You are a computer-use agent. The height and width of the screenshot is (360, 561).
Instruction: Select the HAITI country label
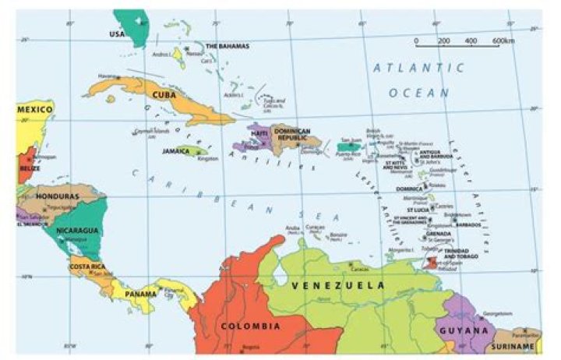(259, 133)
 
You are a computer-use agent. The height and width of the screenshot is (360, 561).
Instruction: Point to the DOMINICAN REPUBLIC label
(291, 134)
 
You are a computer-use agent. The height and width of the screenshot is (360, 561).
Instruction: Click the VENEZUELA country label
(337, 286)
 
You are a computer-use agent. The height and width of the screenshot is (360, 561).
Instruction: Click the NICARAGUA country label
(76, 231)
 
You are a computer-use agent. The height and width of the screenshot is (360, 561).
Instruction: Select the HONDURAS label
(58, 196)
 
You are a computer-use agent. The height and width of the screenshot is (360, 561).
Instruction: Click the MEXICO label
(34, 110)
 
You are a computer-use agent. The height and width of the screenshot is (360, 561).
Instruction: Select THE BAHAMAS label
(228, 46)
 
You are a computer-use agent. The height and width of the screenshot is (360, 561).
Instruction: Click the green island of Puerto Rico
(348, 146)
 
